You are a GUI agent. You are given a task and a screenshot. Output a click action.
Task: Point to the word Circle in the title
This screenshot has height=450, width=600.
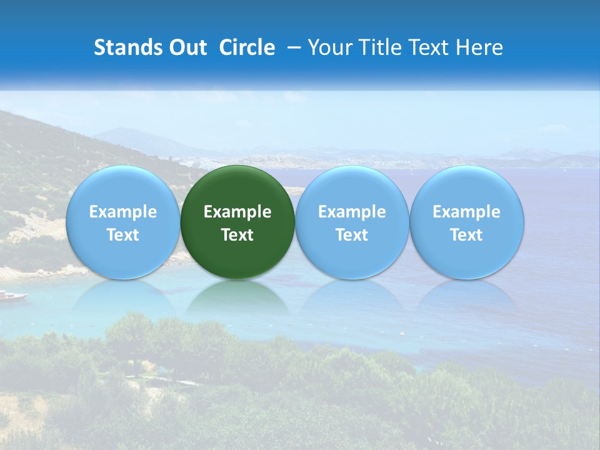[247, 47]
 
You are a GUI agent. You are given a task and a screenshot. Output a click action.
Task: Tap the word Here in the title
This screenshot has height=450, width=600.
[479, 47]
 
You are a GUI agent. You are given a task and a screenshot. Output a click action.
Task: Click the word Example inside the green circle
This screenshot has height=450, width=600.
[237, 212]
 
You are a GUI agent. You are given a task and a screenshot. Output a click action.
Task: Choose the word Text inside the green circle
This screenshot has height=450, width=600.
[237, 235]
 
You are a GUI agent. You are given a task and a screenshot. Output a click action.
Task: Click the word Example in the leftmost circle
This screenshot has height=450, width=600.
[122, 212]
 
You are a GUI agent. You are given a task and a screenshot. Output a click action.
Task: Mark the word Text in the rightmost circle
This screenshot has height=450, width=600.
[466, 235]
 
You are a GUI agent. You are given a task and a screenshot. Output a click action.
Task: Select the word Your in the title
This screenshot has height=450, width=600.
[328, 47]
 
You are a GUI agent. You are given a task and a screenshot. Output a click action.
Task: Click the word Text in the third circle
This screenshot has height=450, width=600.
[352, 235]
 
